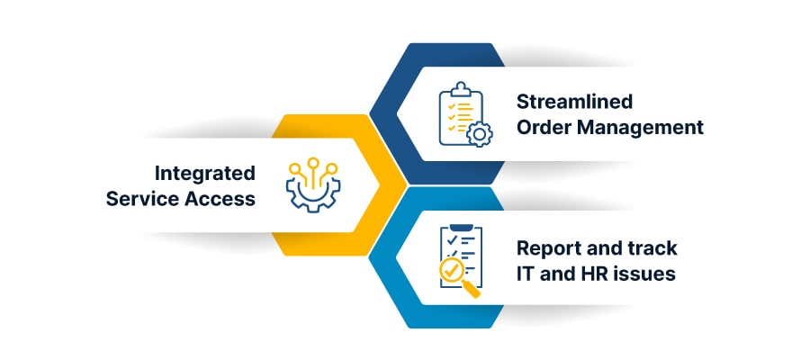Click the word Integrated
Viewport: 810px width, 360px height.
pos(204,172)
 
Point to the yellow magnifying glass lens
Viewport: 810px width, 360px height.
pos(451,269)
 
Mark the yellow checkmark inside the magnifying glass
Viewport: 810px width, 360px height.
pos(451,269)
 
